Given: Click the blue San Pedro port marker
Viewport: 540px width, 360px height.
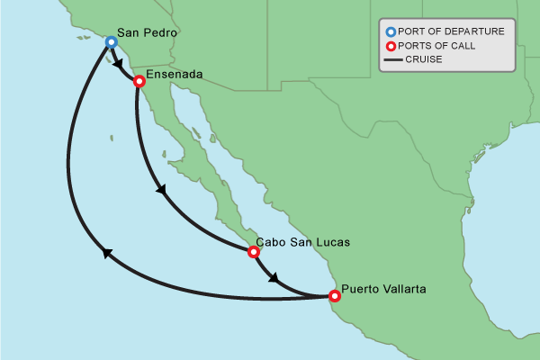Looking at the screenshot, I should tap(111, 41).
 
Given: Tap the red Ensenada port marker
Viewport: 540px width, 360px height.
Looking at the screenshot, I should tap(139, 81).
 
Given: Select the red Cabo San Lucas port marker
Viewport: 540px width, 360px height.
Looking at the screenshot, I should tap(254, 252).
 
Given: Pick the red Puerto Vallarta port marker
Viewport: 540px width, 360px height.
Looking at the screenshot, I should tap(335, 295).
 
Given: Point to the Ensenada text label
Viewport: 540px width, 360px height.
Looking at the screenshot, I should tap(175, 73).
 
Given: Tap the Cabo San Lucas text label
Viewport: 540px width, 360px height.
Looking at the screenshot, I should tap(302, 242).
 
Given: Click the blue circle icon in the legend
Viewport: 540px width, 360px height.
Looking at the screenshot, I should tap(389, 32).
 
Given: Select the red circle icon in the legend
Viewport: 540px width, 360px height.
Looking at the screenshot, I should tap(389, 46).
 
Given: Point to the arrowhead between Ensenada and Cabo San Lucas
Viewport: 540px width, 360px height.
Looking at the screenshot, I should tap(161, 190).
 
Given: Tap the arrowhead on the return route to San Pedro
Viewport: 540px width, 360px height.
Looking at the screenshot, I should tap(107, 254).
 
